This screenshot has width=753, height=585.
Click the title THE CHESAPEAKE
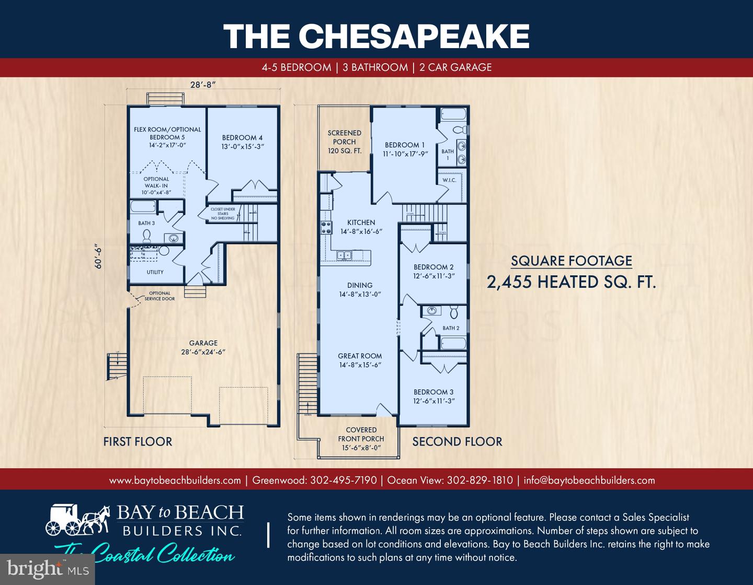[376, 36]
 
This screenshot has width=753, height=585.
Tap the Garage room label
[203, 347]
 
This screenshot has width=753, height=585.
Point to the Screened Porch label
[344, 142]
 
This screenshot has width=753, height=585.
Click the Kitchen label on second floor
[361, 227]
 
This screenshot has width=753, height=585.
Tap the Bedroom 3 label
[433, 396]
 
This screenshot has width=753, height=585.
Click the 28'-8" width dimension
[203, 84]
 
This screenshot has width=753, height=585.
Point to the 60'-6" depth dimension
[98, 257]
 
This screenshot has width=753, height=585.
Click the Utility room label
[155, 272]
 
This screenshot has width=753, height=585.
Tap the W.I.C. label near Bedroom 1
[449, 180]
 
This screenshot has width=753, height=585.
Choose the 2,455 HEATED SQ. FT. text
[571, 282]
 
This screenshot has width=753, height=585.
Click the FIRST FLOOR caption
[138, 441]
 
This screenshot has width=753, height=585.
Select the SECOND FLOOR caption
[457, 441]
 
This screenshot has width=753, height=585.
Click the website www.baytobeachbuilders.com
[175, 480]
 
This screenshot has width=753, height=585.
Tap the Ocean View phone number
[479, 480]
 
